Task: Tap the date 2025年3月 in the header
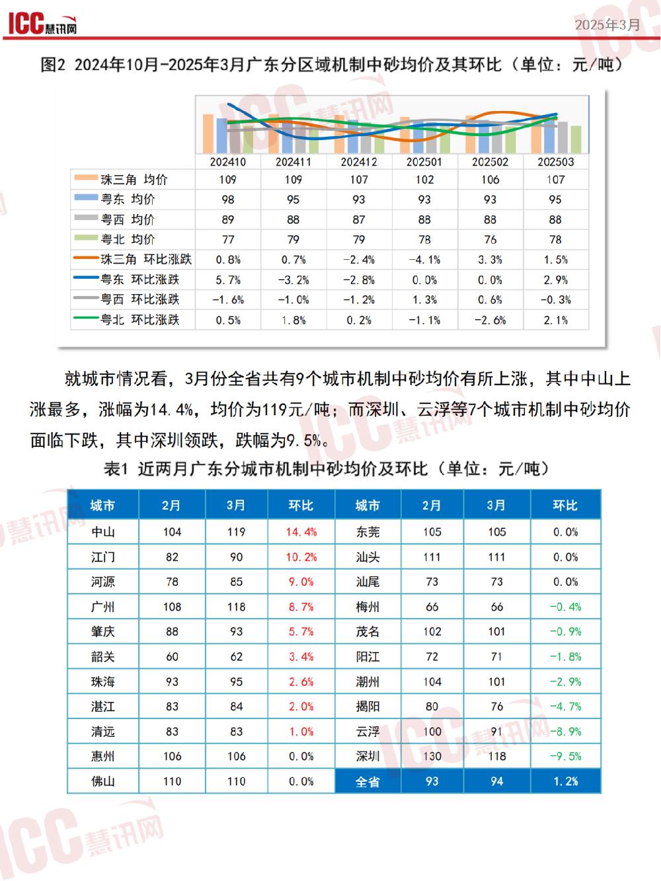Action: (607, 24)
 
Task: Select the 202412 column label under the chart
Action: (359, 162)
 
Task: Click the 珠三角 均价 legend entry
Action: (133, 180)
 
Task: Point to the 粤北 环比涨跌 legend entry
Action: (139, 320)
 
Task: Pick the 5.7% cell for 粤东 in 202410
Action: (228, 280)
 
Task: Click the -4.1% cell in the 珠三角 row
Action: (424, 260)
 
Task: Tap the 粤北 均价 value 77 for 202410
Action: (228, 240)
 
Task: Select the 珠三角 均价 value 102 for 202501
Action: (424, 180)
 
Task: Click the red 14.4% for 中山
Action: (301, 532)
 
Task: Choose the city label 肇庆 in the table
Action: (103, 632)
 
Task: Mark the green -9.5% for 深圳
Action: (565, 757)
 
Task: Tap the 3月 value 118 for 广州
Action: (237, 607)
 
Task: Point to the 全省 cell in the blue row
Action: (368, 782)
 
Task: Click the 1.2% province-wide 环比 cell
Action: (565, 782)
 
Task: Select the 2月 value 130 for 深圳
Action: (432, 757)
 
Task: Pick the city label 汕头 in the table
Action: (368, 557)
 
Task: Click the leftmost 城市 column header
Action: (103, 506)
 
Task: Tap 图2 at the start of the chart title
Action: (53, 65)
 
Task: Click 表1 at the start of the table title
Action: (116, 469)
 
